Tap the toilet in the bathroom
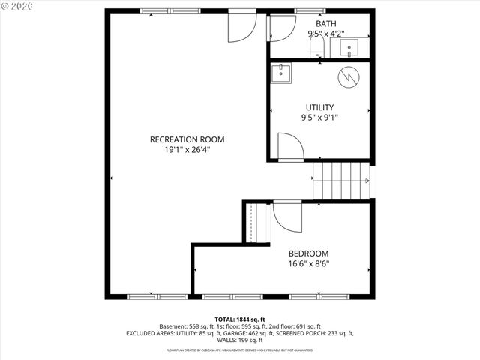[316, 48]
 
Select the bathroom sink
[350, 48]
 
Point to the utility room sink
[282, 73]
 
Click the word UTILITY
[319, 107]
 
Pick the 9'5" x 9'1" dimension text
[319, 118]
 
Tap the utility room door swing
[289, 145]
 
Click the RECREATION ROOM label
[187, 139]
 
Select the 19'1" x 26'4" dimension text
[187, 150]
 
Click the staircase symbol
[341, 181]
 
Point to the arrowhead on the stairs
[366, 181]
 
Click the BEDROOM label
[308, 253]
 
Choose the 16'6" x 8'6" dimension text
[308, 264]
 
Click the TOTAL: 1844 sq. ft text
[239, 319]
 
